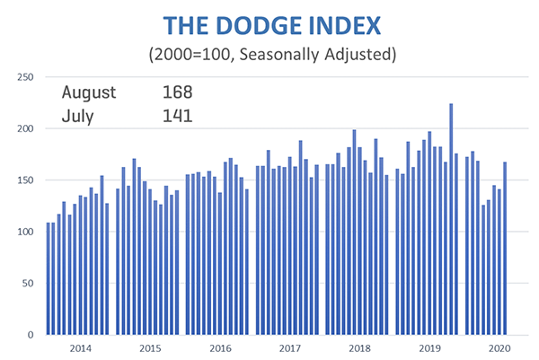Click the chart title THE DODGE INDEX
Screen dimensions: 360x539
pos(269,22)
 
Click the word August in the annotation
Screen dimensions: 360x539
pos(89,92)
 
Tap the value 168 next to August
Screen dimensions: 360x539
pos(178,92)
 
